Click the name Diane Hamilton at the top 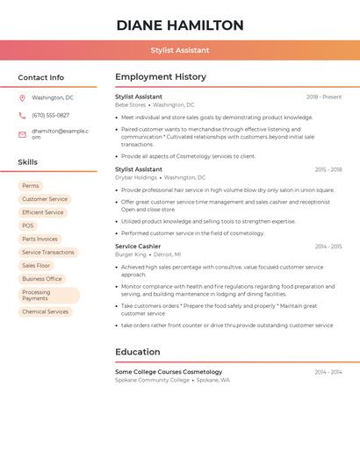pyautogui.click(x=180, y=25)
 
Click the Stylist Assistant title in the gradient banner pyautogui.click(x=180, y=51)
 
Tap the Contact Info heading pyautogui.click(x=41, y=78)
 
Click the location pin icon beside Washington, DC pyautogui.click(x=22, y=98)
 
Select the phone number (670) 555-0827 pyautogui.click(x=51, y=115)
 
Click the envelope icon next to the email pyautogui.click(x=22, y=134)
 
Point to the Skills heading pyautogui.click(x=28, y=162)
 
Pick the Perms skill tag pyautogui.click(x=31, y=186)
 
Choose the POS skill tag pyautogui.click(x=28, y=225)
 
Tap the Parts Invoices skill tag pyautogui.click(x=40, y=239)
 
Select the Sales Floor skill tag pyautogui.click(x=36, y=265)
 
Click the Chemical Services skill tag pyautogui.click(x=46, y=311)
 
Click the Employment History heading pyautogui.click(x=160, y=77)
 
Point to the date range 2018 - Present pyautogui.click(x=324, y=97)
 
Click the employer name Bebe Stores pyautogui.click(x=131, y=104)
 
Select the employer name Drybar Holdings pyautogui.click(x=136, y=177)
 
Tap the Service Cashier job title pyautogui.click(x=138, y=247)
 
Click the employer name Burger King pyautogui.click(x=131, y=254)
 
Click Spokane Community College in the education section pyautogui.click(x=152, y=380)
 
